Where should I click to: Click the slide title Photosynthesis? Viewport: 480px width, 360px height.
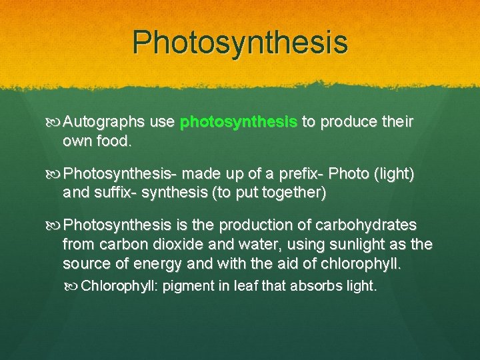pyautogui.click(x=240, y=42)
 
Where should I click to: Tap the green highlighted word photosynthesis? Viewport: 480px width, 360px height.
pyautogui.click(x=239, y=123)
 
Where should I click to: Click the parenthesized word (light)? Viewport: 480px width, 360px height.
pyautogui.click(x=393, y=175)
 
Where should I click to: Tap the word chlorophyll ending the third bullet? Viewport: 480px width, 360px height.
pyautogui.click(x=361, y=264)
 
